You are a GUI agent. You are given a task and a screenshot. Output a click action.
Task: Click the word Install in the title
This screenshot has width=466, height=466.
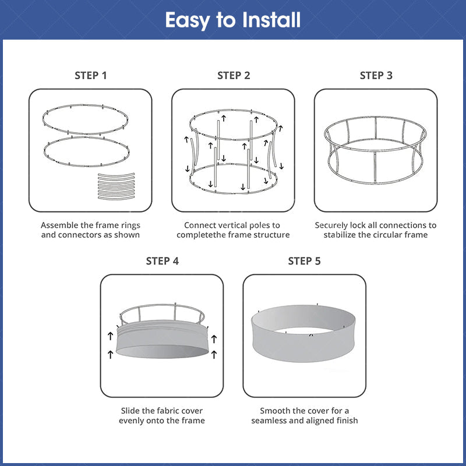click(x=271, y=20)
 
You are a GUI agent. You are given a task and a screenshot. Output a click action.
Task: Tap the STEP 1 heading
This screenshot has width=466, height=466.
click(x=91, y=76)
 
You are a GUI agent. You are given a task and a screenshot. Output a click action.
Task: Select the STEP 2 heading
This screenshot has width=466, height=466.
click(x=234, y=76)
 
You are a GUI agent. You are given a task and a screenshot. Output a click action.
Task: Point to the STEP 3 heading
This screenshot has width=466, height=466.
click(x=376, y=76)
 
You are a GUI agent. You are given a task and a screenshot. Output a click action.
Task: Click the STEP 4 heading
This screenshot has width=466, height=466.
click(x=163, y=261)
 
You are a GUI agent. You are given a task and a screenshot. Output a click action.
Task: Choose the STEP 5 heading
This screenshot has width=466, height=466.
click(x=304, y=261)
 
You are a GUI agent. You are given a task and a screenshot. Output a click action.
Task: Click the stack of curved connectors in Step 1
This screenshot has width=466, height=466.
click(x=116, y=186)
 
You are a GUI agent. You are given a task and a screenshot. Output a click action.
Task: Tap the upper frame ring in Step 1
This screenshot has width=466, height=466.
click(x=85, y=105)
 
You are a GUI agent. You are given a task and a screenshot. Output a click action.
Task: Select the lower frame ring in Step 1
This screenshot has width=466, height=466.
click(x=86, y=137)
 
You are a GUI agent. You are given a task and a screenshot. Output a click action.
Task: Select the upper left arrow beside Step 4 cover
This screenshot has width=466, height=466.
click(x=111, y=336)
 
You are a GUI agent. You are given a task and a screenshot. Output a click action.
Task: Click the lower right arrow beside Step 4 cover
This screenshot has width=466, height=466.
click(x=214, y=355)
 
